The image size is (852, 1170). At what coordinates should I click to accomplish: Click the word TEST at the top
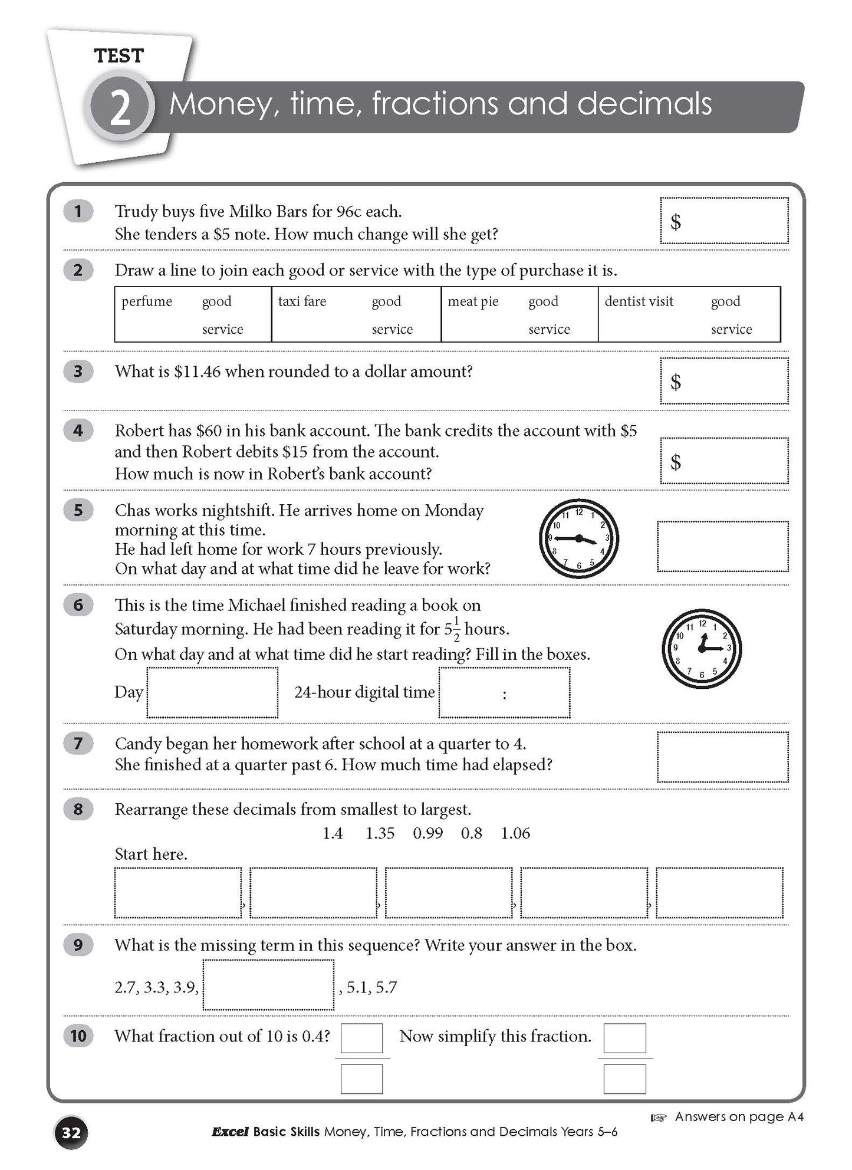[119, 56]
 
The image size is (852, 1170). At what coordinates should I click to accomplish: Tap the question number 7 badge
[78, 744]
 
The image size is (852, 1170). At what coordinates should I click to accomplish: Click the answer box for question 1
[724, 221]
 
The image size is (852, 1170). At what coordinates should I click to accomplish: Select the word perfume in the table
[147, 301]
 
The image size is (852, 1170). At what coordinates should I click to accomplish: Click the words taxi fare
[302, 301]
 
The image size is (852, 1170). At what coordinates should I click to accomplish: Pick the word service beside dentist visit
[731, 329]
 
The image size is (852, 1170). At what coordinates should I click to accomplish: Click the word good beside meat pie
[543, 301]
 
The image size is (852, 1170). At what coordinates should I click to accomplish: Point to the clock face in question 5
[578, 539]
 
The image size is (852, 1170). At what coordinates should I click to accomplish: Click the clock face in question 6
[702, 648]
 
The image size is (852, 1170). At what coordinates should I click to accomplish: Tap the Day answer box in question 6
[212, 692]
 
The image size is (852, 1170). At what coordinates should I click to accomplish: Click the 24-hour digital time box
[504, 692]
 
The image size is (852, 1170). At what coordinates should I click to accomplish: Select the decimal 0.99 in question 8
[427, 833]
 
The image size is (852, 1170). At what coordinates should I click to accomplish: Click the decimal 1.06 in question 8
[515, 833]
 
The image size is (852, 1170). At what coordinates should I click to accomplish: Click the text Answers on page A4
[739, 1116]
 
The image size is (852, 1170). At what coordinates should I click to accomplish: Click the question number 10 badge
[78, 1036]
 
